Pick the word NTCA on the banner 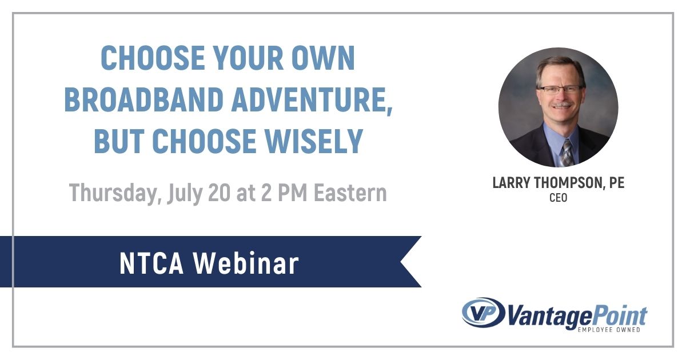150,263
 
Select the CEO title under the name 558,198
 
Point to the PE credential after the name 616,183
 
